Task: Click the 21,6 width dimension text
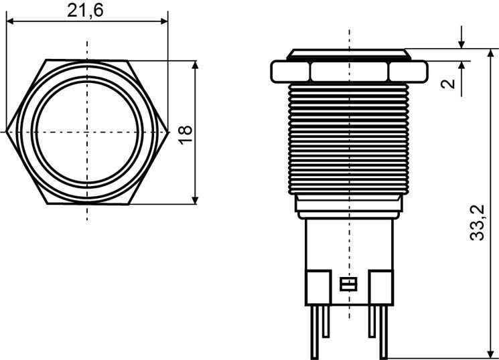tap(85, 11)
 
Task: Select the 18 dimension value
tap(185, 135)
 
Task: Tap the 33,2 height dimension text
tap(477, 223)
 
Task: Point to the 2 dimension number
tap(448, 84)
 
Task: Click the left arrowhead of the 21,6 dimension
tap(10, 21)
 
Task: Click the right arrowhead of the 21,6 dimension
tap(164, 21)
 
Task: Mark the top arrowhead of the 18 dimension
tap(196, 64)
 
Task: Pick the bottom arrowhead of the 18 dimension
tap(195, 200)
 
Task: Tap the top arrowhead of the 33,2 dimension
tap(491, 54)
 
